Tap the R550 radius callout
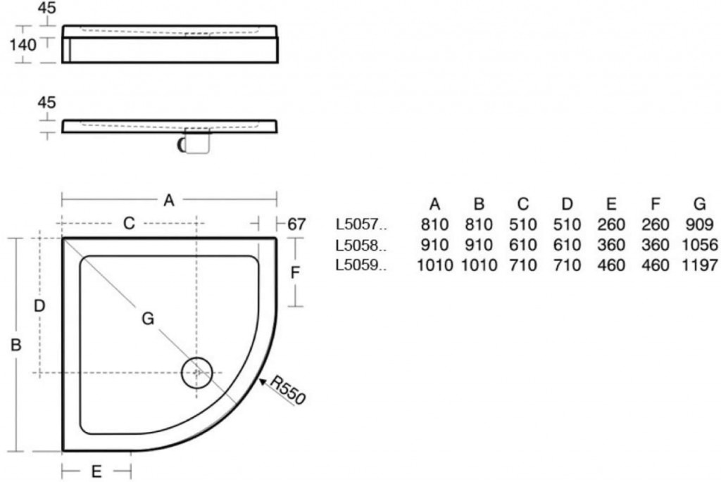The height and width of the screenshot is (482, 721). (x=288, y=391)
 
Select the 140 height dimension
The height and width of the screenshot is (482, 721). (x=23, y=45)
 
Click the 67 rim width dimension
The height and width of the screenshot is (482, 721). (x=296, y=224)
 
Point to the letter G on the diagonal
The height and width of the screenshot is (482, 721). (x=148, y=319)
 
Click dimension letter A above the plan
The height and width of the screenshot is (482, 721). (x=169, y=201)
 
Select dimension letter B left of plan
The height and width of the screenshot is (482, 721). (x=16, y=345)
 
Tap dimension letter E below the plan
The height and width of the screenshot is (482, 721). (x=96, y=471)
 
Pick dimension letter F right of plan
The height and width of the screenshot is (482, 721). (x=295, y=273)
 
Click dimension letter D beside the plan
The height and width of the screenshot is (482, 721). (x=39, y=305)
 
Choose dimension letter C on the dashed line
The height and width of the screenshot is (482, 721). (x=130, y=223)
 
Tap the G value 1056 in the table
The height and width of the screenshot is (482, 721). (x=699, y=245)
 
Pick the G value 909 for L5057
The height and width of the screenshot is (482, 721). (x=699, y=224)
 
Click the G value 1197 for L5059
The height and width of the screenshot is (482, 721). (x=699, y=265)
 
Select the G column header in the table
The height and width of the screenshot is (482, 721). (x=699, y=203)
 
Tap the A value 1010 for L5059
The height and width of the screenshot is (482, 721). (x=434, y=265)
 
